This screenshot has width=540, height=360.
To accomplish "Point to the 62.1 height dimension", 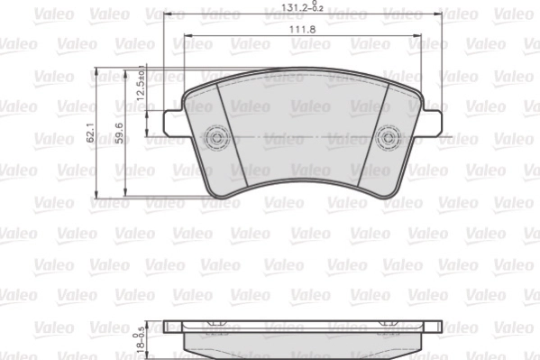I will [90, 135].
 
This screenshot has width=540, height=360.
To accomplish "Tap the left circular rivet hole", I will [216, 137].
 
